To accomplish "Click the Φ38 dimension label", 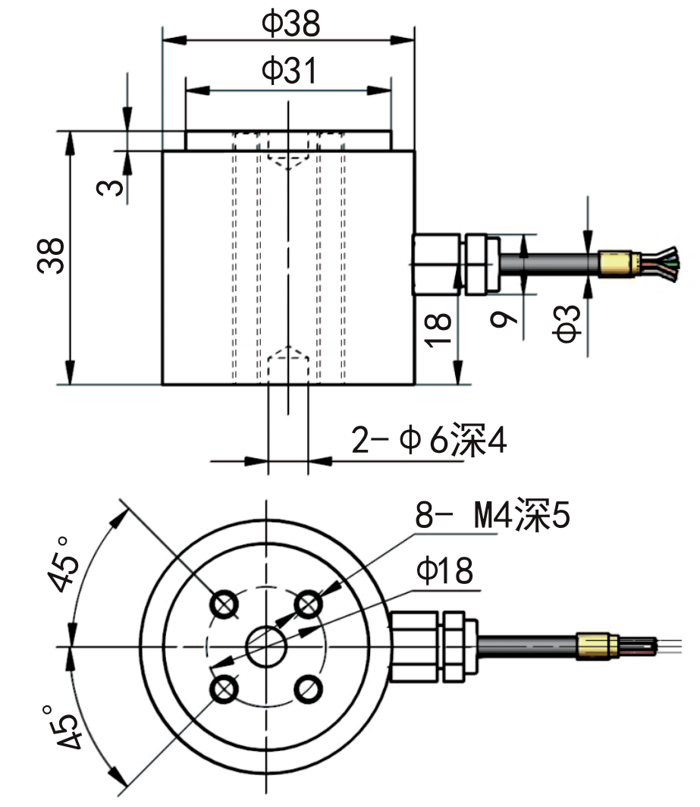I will click(290, 25).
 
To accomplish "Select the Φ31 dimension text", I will click(288, 71).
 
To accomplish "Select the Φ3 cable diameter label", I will click(570, 322).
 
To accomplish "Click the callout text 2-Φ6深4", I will click(428, 441).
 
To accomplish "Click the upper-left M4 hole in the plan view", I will click(224, 604).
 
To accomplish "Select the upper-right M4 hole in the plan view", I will click(307, 604).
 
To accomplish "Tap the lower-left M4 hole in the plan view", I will click(224, 689).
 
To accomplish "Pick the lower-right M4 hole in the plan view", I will click(307, 689).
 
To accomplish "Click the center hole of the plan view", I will click(266, 646).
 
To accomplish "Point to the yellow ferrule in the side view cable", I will click(616, 262).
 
